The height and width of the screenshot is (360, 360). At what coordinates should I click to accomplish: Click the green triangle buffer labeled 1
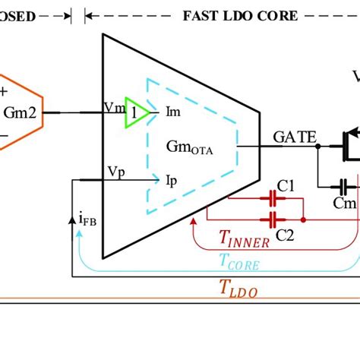tap(134, 110)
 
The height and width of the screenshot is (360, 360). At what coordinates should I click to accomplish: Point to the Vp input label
tap(113, 172)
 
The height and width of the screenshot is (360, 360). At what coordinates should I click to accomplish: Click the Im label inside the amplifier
tap(173, 112)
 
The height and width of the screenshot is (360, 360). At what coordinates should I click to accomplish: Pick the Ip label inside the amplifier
tap(172, 180)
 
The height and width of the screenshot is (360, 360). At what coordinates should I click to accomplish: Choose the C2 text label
tap(285, 235)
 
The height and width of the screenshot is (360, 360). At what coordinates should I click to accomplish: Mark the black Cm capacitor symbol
tap(344, 185)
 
